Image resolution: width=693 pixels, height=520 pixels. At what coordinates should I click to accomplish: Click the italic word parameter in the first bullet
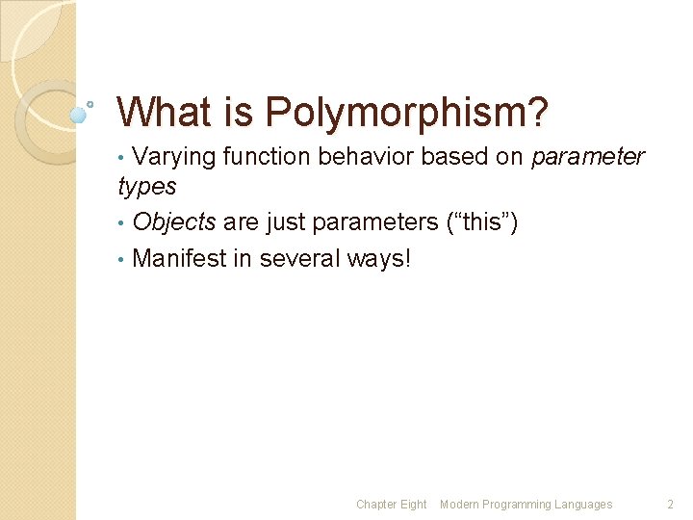coord(587,157)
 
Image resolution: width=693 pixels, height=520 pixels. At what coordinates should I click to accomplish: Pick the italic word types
coord(146,185)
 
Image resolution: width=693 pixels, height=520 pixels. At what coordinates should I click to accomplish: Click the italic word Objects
coord(174,222)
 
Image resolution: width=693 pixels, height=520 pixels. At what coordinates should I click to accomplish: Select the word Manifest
coord(174,258)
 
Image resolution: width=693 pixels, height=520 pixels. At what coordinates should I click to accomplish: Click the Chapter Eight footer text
coord(391,505)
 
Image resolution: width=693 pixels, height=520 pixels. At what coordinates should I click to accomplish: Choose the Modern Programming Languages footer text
coord(526,505)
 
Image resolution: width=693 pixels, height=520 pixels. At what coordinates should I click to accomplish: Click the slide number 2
coord(671,505)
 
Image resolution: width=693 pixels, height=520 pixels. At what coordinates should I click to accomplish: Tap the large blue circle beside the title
coord(79,114)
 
